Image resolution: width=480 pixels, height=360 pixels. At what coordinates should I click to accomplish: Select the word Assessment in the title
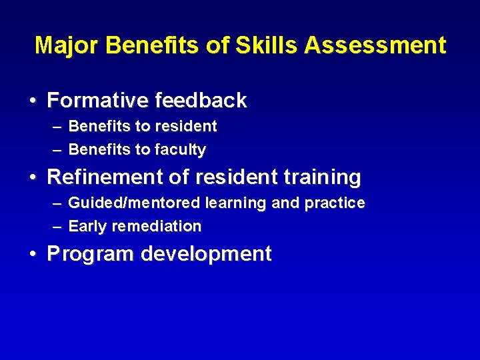[x=375, y=45]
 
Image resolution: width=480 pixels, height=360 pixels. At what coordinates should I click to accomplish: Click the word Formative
[x=98, y=101]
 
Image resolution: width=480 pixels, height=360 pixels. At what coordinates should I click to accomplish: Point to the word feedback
[x=201, y=101]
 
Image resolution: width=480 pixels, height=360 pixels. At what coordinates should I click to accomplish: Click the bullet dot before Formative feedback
[x=33, y=101]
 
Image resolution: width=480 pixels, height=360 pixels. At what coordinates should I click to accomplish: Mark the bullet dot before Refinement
[x=33, y=178]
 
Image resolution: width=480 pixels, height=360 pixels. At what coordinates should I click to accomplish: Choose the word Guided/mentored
[x=135, y=203]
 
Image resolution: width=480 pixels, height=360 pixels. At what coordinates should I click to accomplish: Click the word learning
[x=236, y=203]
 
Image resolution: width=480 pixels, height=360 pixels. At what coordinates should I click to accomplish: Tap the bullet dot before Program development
[x=33, y=255]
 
